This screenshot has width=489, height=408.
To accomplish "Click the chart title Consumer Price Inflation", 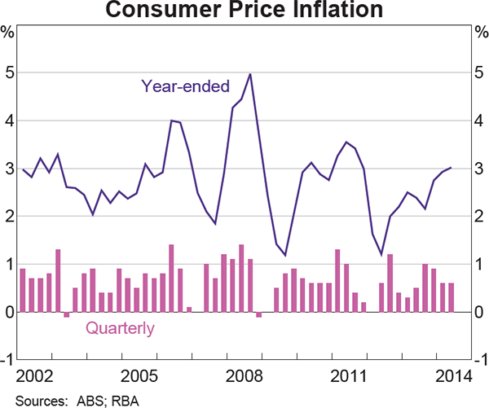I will click(x=244, y=11).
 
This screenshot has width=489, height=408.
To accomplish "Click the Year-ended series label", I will click(x=185, y=86).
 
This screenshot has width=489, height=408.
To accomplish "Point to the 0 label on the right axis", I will click(x=481, y=312).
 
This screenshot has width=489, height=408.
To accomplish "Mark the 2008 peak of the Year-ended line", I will click(x=249, y=74).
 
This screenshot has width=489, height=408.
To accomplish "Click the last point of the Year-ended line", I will click(x=451, y=168).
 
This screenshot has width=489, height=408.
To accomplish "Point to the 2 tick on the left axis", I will click(x=7, y=217).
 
